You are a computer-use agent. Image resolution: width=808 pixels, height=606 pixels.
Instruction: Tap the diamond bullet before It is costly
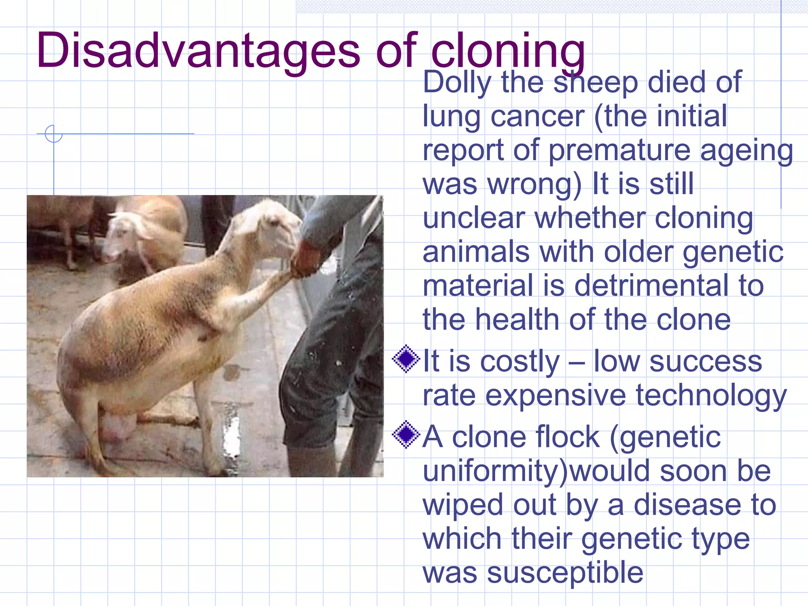pos(406,359)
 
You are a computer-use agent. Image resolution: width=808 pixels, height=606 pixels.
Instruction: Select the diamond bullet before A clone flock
pos(406,434)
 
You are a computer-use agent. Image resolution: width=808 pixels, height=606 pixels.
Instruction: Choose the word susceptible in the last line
pos(565,572)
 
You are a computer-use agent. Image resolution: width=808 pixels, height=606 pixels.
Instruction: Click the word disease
pos(687,505)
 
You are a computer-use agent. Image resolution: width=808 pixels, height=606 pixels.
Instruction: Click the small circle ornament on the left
pos(54,134)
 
